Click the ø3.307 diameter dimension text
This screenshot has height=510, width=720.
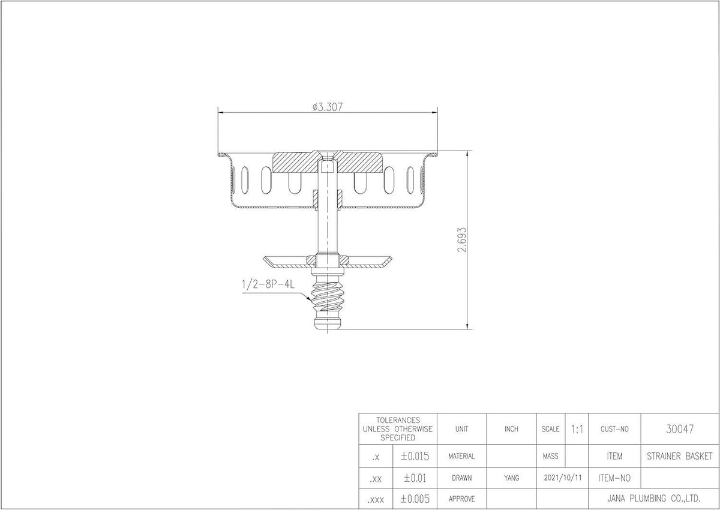coord(328,107)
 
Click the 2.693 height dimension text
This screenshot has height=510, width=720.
coord(462,240)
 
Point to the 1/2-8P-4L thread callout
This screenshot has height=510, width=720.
coord(268,284)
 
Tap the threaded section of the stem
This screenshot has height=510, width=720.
coord(327,296)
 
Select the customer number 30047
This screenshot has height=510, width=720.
coord(680,429)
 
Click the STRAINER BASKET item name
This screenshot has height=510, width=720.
coord(680,456)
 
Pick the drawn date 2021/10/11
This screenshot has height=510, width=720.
coord(563,478)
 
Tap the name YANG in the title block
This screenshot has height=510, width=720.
coord(511,478)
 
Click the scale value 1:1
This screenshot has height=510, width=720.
coord(577,429)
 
